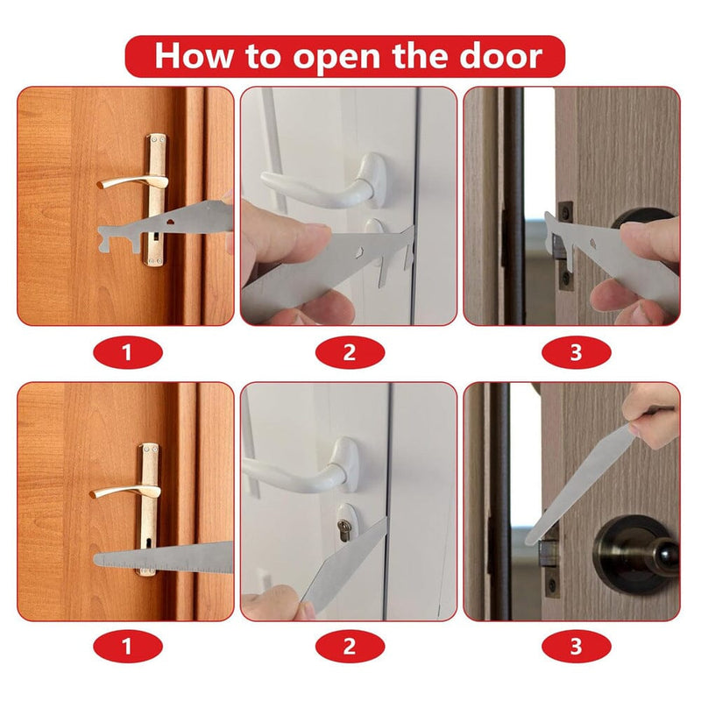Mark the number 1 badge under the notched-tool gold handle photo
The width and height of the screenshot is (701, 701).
(128, 353)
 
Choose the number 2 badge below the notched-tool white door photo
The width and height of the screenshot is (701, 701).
(350, 353)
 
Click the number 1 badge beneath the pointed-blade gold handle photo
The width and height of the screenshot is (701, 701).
(128, 648)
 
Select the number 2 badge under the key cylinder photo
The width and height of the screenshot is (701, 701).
(350, 648)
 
